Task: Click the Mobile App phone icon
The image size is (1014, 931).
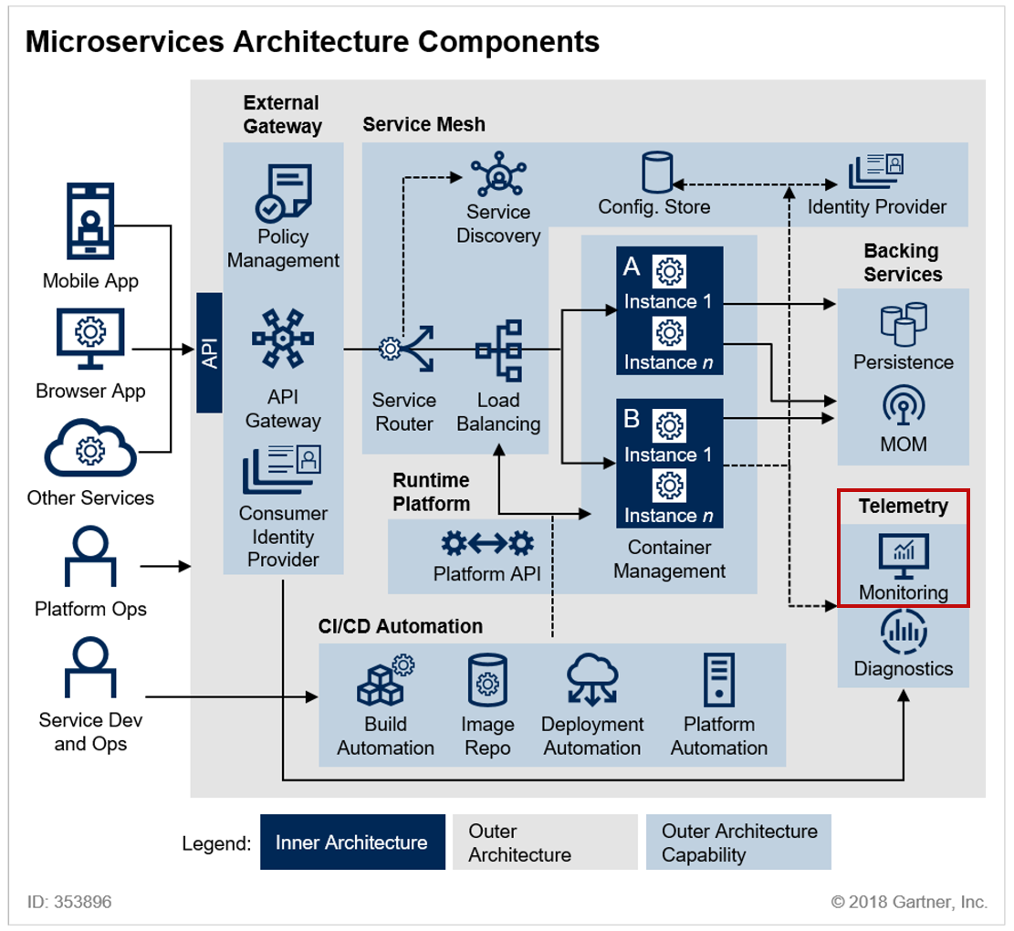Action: point(90,221)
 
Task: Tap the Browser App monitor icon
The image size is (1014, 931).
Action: point(90,338)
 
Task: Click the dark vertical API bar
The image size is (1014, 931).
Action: point(210,352)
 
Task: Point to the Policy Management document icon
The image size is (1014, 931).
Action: point(283,193)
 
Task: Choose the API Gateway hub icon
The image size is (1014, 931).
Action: point(283,338)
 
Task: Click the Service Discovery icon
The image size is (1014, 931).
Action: point(498,174)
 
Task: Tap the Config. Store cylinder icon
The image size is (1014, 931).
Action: point(657,172)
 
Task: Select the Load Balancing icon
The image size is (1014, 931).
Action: point(498,350)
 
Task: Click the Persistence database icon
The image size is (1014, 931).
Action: point(904,324)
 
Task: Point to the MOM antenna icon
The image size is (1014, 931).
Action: point(904,404)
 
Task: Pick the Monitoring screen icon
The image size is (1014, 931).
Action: point(904,556)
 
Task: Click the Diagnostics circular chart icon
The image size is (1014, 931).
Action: point(904,631)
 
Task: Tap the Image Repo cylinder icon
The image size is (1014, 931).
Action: point(487,679)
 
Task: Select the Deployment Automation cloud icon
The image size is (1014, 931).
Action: point(592,679)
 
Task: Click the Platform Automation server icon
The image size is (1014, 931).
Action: point(719,679)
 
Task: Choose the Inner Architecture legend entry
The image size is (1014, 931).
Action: point(352,842)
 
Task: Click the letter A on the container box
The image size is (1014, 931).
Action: point(632,267)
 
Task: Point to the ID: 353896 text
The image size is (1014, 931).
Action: point(69,901)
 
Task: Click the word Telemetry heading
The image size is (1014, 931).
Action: point(904,506)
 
